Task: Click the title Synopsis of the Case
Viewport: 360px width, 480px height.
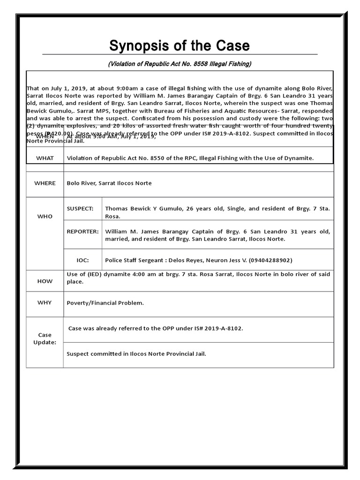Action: [x=180, y=46]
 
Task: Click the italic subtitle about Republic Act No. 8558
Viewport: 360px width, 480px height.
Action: [x=180, y=64]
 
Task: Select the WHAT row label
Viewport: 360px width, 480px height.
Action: [x=45, y=158]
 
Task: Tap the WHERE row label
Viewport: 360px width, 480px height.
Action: [x=45, y=183]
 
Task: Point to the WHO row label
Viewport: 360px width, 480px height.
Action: [x=45, y=217]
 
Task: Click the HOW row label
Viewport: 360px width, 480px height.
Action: [x=45, y=281]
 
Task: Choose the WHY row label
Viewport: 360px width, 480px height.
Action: [x=45, y=303]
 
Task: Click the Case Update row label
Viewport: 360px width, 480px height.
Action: [x=45, y=338]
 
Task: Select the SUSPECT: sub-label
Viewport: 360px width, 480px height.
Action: [x=80, y=209]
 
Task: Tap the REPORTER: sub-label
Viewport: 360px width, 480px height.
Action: [x=83, y=232]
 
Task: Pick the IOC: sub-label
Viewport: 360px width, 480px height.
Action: [x=82, y=260]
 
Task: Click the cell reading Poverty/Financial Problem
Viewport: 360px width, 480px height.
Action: [x=105, y=303]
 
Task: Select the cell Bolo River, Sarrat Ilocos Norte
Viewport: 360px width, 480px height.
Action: [x=109, y=183]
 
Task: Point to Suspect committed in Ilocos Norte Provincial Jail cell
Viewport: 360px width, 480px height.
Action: [x=136, y=354]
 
